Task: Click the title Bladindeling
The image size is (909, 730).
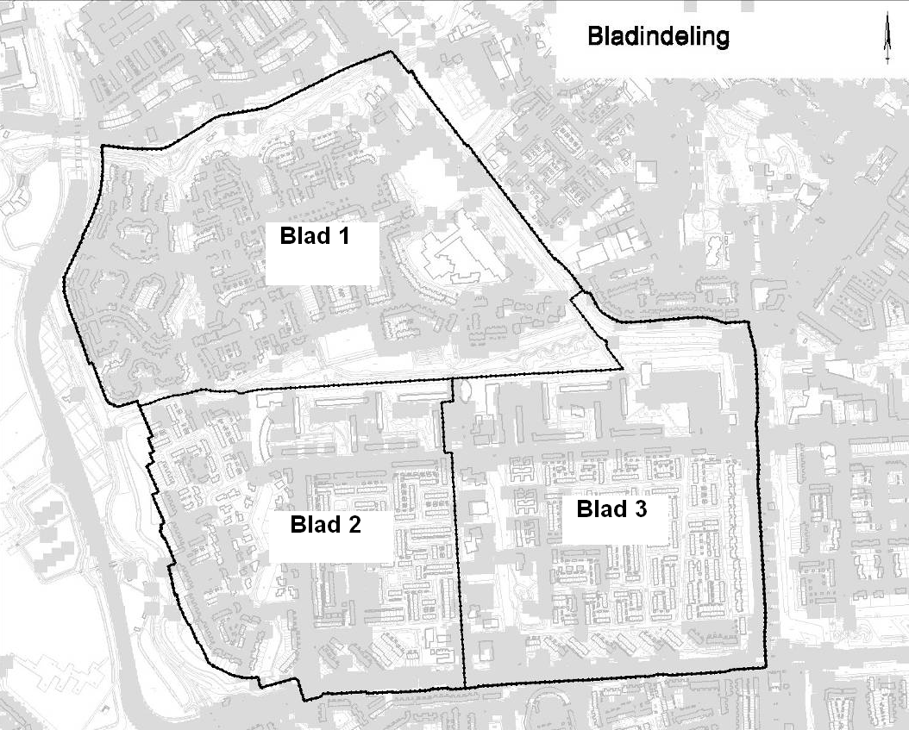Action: click(x=657, y=38)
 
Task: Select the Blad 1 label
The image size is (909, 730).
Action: click(x=317, y=236)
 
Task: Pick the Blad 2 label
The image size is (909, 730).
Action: click(x=326, y=524)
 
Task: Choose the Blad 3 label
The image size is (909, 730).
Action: click(x=611, y=509)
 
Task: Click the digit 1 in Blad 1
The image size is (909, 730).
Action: click(x=349, y=236)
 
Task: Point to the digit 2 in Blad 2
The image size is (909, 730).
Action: click(x=354, y=524)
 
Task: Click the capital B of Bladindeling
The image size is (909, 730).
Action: click(x=594, y=38)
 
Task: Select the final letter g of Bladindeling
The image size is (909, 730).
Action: click(x=721, y=41)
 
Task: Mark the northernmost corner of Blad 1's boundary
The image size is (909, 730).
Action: click(x=392, y=52)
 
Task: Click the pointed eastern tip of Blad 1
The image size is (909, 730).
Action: click(x=622, y=369)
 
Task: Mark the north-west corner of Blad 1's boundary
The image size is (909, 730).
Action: click(x=103, y=147)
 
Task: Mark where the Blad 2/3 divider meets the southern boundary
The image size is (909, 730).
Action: click(x=465, y=687)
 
